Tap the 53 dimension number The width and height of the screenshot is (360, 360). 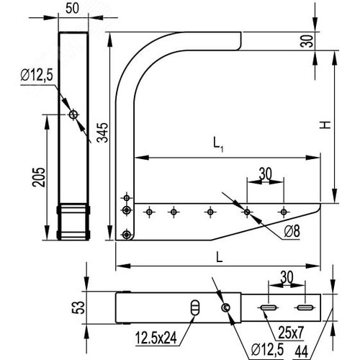tap(84, 308)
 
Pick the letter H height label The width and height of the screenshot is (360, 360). tap(326, 125)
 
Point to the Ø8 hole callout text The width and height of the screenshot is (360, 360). tap(292, 230)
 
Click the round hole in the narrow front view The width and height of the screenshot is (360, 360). tap(73, 114)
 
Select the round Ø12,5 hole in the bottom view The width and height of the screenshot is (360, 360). tap(227, 308)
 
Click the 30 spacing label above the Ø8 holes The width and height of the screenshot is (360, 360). tap(266, 173)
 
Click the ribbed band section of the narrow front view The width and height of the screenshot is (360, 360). tap(73, 222)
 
